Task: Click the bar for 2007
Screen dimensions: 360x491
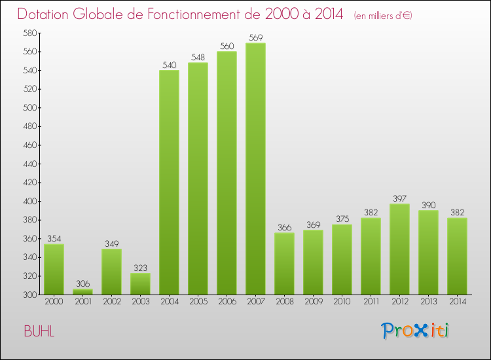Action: (255, 169)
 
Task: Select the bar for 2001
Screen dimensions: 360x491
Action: (82, 292)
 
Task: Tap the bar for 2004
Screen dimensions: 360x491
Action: (169, 182)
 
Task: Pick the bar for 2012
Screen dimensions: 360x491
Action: (399, 249)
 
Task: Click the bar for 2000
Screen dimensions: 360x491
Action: (54, 269)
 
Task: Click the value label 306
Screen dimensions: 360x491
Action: (82, 283)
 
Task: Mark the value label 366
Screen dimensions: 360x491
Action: (284, 227)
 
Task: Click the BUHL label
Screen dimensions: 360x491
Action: (39, 331)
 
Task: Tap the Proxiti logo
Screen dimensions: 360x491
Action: (415, 331)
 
